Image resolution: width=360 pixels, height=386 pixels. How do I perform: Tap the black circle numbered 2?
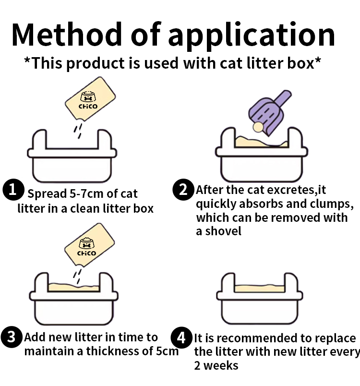coord(183,190)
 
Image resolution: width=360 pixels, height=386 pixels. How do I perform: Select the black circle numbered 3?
coord(12,338)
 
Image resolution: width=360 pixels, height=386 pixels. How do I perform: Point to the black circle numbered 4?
coord(181,338)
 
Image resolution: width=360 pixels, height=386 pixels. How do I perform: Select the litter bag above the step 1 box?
coord(91,100)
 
